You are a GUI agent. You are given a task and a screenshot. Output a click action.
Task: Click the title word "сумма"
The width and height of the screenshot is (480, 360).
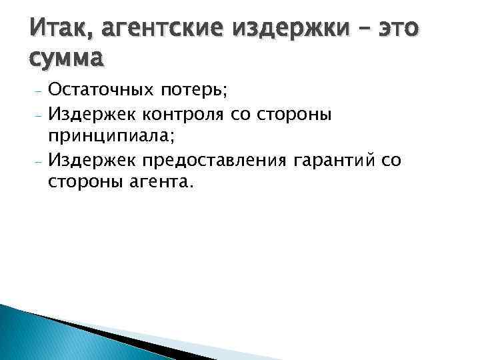point(67,58)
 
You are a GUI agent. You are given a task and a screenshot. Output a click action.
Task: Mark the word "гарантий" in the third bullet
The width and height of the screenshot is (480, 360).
point(331,161)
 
